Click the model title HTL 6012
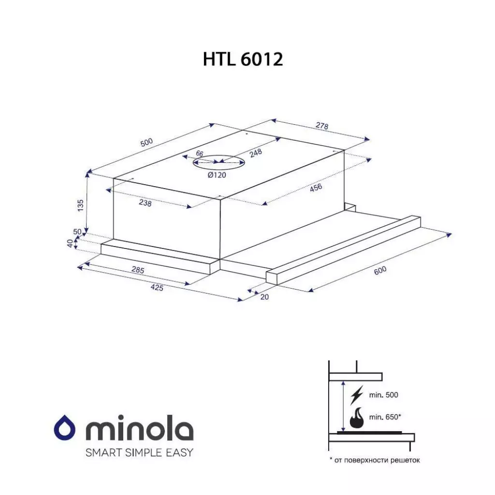coord(243,59)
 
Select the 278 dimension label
coord(322,126)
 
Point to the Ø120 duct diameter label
coord(217,175)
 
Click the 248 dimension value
coord(256,153)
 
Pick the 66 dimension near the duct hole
coord(199,154)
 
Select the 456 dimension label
coord(316,188)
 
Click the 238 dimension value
coord(145,204)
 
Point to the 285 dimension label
coord(138,270)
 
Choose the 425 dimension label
coord(157,288)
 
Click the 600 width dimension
coord(380,272)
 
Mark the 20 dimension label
coord(264,297)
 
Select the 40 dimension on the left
coord(70,244)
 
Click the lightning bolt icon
coord(356,394)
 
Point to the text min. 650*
coord(385,417)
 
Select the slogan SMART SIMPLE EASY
coord(139,452)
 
